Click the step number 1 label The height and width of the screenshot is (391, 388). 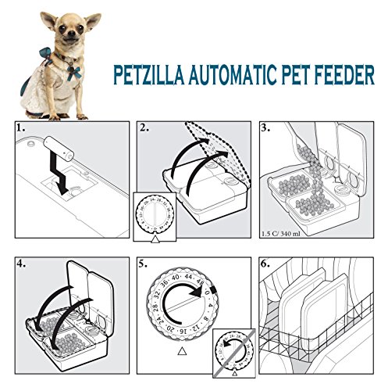(x=23, y=128)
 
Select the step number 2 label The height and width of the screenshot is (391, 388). (x=144, y=128)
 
